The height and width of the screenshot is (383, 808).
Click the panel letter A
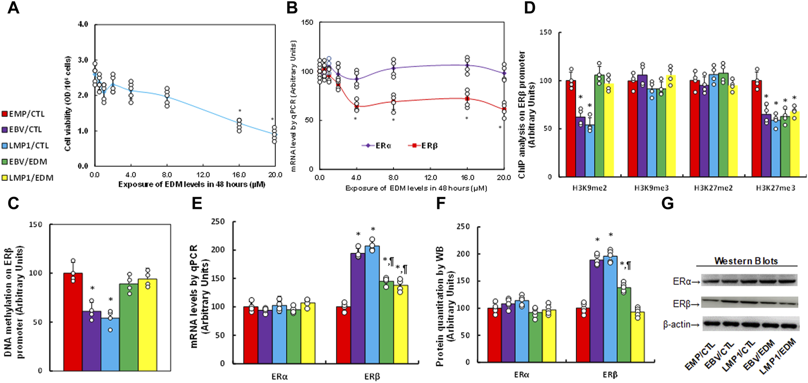click(x=13, y=8)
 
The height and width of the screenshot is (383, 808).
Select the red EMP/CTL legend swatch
click(x=5, y=114)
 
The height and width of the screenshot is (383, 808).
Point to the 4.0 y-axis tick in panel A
click(x=83, y=24)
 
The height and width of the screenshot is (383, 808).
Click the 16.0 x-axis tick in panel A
click(x=239, y=175)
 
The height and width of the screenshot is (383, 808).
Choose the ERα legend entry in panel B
click(x=377, y=146)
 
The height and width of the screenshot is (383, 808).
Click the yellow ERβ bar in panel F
click(x=637, y=337)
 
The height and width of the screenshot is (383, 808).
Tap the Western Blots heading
click(x=746, y=261)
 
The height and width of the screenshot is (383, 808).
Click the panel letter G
click(x=668, y=204)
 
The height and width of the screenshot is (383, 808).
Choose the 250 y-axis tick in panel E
click(x=219, y=222)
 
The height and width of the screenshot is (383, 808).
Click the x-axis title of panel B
click(x=416, y=188)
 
